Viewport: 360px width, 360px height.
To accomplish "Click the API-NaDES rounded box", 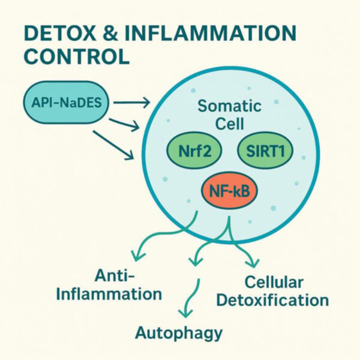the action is click(65, 102).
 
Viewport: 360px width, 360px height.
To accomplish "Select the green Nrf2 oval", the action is click(194, 151).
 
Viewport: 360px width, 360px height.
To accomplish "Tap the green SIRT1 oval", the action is click(265, 151).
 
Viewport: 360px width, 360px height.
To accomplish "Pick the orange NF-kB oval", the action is click(229, 191).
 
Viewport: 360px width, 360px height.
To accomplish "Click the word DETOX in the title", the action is click(59, 34).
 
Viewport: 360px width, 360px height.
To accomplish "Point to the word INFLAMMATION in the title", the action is click(210, 34).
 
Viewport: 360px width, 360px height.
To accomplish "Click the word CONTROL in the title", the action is click(77, 56).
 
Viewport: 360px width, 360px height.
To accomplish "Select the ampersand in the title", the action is click(110, 34).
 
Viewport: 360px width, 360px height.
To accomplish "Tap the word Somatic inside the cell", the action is click(229, 106).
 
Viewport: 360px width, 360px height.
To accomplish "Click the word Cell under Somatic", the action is click(229, 124).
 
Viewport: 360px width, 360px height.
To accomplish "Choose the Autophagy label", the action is click(179, 334).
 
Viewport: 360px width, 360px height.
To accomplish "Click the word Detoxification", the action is click(272, 300).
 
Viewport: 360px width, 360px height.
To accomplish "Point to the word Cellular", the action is click(274, 282).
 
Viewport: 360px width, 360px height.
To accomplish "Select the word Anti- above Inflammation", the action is click(114, 275).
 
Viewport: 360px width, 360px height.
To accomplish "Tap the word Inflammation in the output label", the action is click(109, 293).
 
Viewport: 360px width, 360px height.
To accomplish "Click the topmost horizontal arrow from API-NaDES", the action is click(131, 103).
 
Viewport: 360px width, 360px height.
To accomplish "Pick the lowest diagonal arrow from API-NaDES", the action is click(113, 145).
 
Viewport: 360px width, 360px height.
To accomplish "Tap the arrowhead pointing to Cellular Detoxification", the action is click(253, 263).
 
